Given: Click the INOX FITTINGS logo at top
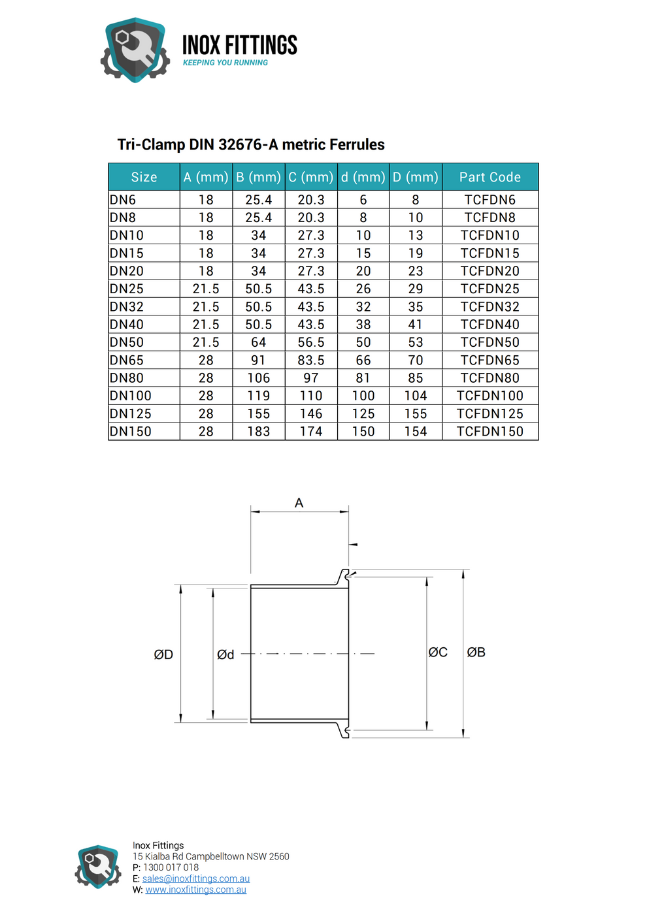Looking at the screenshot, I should pyautogui.click(x=199, y=50).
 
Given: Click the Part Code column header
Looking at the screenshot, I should pyautogui.click(x=489, y=177).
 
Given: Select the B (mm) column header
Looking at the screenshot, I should pyautogui.click(x=258, y=177).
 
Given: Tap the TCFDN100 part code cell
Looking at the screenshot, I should pyautogui.click(x=489, y=396).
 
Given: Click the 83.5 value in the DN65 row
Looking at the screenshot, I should pyautogui.click(x=311, y=360).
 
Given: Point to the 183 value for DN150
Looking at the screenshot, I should pyautogui.click(x=258, y=432).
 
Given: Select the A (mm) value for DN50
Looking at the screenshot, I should pyautogui.click(x=206, y=342).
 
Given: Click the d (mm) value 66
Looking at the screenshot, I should pyautogui.click(x=363, y=360).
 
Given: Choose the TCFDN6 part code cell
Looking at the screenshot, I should pyautogui.click(x=489, y=200).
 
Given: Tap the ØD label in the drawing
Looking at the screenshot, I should pyautogui.click(x=163, y=654).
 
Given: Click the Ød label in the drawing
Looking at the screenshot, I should pyautogui.click(x=225, y=654).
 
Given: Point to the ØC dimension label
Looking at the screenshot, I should pyautogui.click(x=438, y=652).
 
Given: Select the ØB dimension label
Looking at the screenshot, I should pyautogui.click(x=476, y=652).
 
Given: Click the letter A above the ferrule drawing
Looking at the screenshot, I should pyautogui.click(x=299, y=503).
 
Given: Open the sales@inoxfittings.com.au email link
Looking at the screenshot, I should pyautogui.click(x=196, y=878).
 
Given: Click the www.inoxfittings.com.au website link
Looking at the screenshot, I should pyautogui.click(x=196, y=890).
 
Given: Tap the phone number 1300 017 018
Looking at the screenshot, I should pyautogui.click(x=171, y=867).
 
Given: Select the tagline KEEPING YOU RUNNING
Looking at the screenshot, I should pyautogui.click(x=225, y=63).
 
